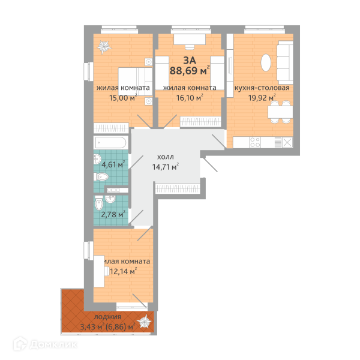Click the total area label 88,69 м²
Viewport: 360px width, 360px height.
[190, 70]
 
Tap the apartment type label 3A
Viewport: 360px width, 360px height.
[190, 60]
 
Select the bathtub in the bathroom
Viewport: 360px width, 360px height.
[110, 142]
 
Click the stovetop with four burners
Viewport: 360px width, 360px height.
[255, 142]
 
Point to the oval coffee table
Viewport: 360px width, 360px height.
[266, 62]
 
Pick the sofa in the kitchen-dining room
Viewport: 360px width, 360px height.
[285, 62]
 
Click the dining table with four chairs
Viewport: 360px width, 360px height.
[280, 112]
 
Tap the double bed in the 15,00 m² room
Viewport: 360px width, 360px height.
[136, 82]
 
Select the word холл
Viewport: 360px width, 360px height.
[166, 157]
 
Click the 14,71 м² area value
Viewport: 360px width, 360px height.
[166, 167]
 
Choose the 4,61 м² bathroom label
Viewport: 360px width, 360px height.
[113, 164]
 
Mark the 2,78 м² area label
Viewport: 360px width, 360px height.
[113, 214]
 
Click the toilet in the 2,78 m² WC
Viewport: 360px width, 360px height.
[99, 203]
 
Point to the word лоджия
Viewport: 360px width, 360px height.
[107, 317]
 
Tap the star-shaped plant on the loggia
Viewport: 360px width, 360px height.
[144, 321]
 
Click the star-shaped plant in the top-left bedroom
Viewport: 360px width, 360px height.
[104, 47]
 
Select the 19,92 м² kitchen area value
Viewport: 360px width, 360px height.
[262, 98]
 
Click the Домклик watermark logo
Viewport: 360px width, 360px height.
[45, 344]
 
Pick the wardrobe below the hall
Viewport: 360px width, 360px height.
[178, 188]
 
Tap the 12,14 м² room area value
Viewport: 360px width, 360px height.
[124, 271]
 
